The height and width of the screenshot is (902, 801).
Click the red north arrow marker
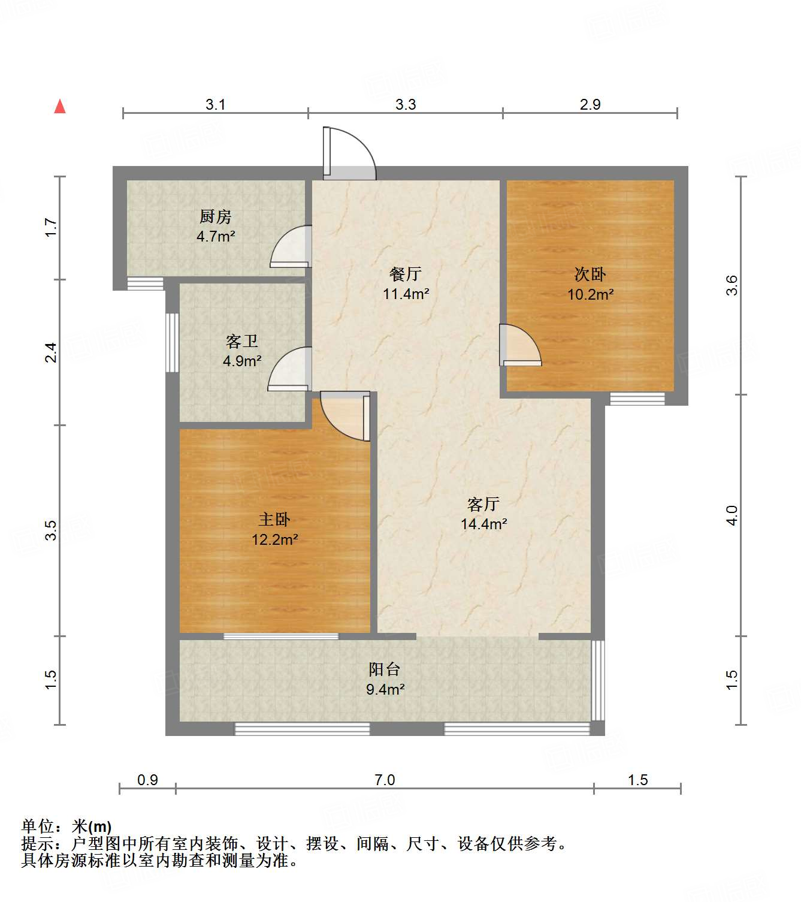pos(60,107)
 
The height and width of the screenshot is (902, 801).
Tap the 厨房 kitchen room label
pos(215,216)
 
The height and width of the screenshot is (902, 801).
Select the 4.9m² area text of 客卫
pos(242,361)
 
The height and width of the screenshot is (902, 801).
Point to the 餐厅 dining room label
pos(406,274)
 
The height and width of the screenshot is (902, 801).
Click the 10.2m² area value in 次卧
pos(590,294)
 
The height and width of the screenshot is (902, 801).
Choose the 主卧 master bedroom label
pos(274,519)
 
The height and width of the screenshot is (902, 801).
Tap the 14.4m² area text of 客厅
pos(483,524)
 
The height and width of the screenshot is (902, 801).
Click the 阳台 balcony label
pos(385,669)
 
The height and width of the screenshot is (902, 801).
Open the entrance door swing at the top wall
pos(349,153)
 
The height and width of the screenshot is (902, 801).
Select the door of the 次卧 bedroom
pos(519,346)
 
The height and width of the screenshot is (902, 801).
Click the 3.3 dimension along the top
pos(406,104)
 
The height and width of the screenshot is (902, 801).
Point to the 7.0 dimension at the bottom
pos(385,780)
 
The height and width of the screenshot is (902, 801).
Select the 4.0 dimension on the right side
pos(732,515)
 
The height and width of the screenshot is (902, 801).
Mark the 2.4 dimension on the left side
pos(52,352)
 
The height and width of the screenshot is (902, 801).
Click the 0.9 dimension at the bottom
pos(147,780)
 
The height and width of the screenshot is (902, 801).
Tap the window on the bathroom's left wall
pos(172,342)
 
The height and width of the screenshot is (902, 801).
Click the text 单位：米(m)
pos(67,826)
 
